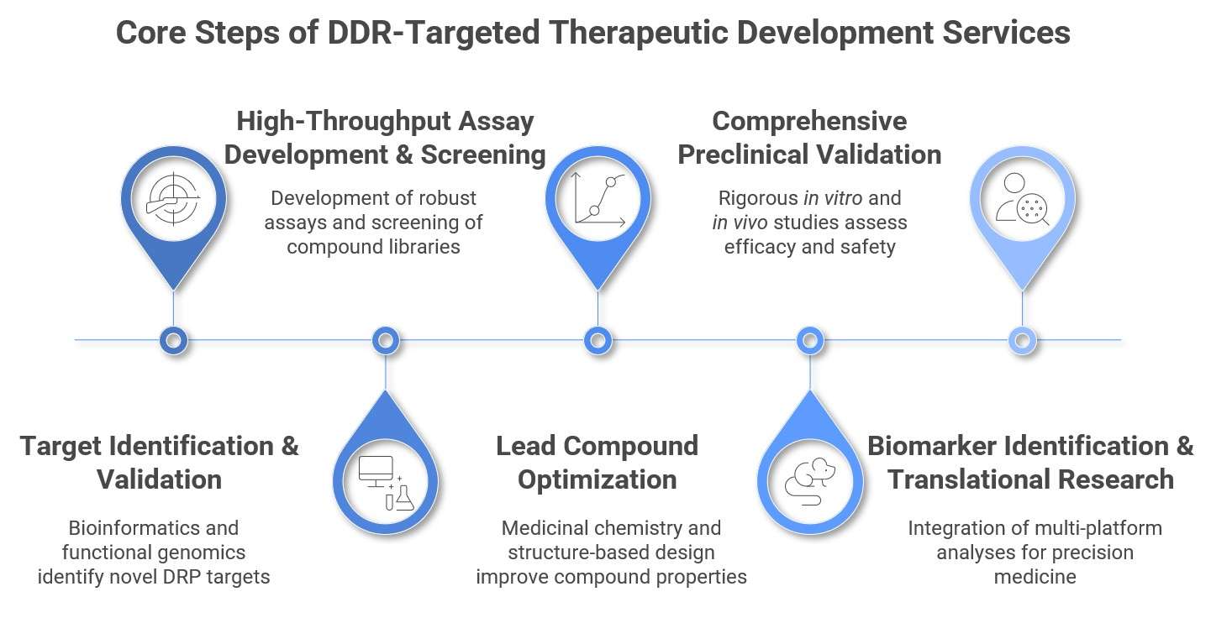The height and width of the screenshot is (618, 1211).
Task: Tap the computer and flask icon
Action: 386,482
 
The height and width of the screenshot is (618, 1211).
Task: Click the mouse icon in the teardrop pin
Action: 809,481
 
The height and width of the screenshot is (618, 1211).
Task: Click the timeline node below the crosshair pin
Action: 173,340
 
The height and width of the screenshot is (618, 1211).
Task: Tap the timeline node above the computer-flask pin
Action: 385,340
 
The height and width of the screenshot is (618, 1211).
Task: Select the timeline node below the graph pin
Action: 598,340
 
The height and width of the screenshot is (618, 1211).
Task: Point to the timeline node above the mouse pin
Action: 809,340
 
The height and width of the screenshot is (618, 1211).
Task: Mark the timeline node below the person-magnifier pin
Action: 1022,340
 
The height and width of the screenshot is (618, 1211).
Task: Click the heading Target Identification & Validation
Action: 160,462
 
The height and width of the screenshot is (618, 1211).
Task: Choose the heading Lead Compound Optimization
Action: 597,462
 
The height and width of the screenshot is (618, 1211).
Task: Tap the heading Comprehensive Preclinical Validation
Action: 809,138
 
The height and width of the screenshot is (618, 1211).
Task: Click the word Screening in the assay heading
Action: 483,155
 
